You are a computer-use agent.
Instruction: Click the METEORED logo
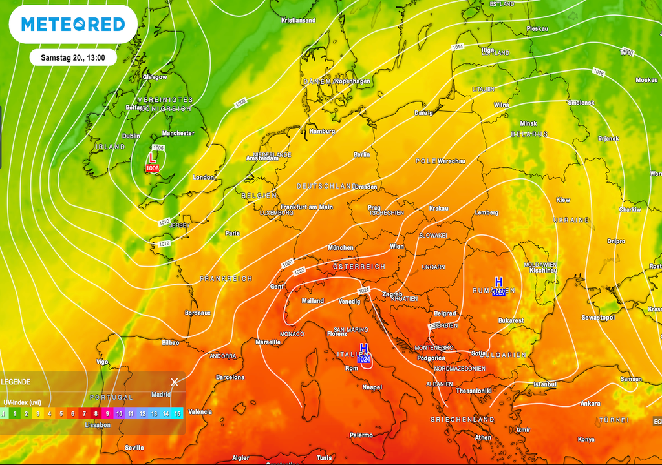click(x=72, y=25)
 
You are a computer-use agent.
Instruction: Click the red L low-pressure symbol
click(x=153, y=158)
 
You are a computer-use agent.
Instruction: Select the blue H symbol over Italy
click(x=363, y=349)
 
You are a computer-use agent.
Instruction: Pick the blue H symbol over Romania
click(x=498, y=282)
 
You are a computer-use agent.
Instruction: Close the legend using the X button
click(x=174, y=382)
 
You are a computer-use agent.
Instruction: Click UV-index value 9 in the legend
click(x=107, y=413)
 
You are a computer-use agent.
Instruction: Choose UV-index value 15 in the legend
click(x=177, y=413)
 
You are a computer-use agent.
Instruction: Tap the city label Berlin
click(x=361, y=155)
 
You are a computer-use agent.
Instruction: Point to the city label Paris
click(x=232, y=233)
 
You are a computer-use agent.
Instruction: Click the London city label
click(x=203, y=178)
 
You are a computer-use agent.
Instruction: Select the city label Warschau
click(x=452, y=161)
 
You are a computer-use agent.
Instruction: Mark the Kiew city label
click(x=563, y=200)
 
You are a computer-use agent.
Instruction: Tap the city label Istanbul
click(x=544, y=384)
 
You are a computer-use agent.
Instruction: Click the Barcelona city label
click(x=230, y=377)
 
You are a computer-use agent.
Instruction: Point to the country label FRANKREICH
click(x=226, y=278)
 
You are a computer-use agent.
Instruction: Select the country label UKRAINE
click(x=571, y=220)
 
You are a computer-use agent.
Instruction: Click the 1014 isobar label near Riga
click(x=458, y=47)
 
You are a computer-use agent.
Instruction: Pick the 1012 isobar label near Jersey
click(x=164, y=243)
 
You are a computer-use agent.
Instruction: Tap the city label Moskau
click(x=646, y=80)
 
